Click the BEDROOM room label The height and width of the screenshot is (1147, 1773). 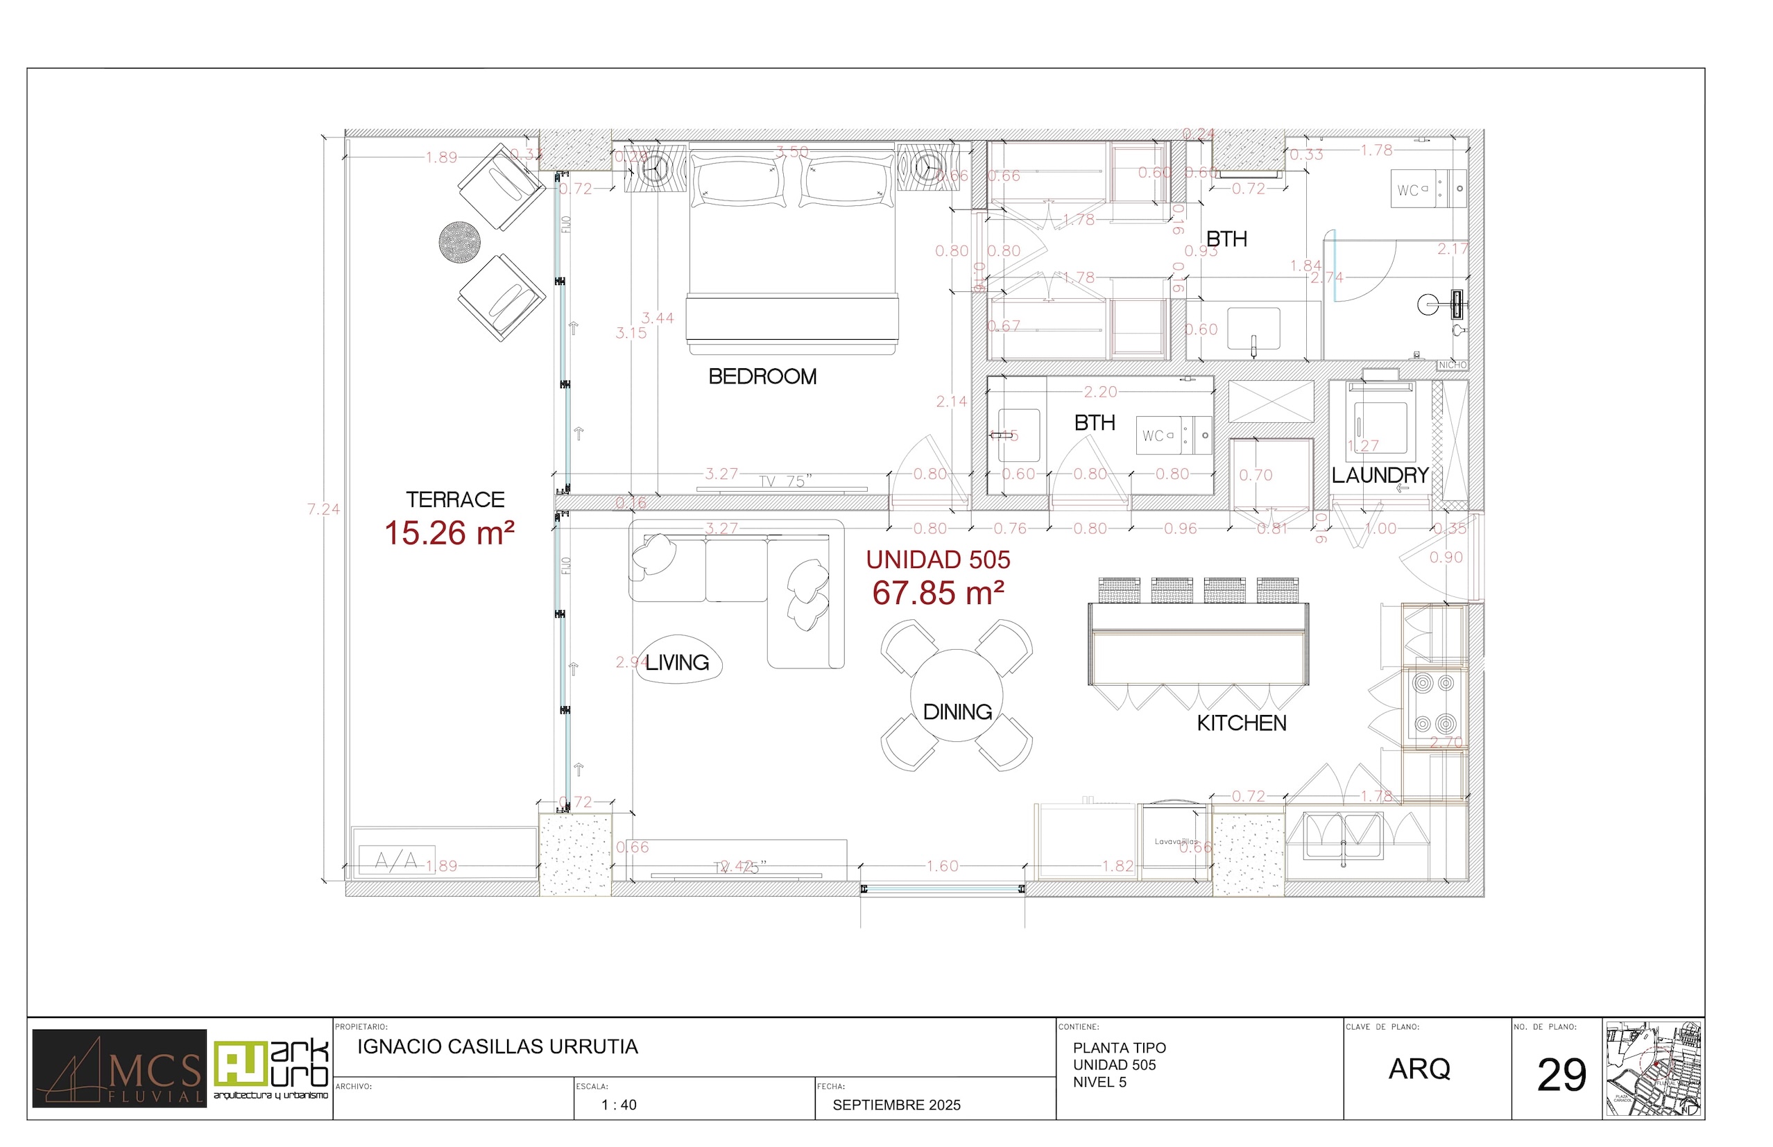tap(762, 377)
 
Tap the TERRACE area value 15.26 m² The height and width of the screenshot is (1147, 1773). tap(449, 533)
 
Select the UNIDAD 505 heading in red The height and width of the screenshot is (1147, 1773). tap(938, 560)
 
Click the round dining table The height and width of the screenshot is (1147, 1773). tap(957, 696)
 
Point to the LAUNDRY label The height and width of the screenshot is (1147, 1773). tap(1380, 475)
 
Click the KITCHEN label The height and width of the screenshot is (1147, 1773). tap(1241, 723)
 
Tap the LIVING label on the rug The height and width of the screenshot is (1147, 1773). tap(676, 662)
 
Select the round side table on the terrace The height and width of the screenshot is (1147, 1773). tap(459, 242)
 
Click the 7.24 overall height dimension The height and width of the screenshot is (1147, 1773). tap(323, 510)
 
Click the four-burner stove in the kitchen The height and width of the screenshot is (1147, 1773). tap(1434, 703)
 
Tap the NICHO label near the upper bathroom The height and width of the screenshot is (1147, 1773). tap(1452, 365)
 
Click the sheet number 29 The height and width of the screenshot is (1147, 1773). tap(1561, 1076)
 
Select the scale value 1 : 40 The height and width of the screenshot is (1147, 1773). tap(619, 1105)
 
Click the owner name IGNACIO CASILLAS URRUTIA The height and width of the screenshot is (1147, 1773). tap(497, 1047)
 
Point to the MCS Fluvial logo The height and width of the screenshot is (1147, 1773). tap(119, 1069)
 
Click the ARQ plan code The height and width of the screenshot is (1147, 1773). tap(1419, 1069)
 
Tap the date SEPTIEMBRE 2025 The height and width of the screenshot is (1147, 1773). tap(896, 1105)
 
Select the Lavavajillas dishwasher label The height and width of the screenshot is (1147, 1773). tap(1176, 842)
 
